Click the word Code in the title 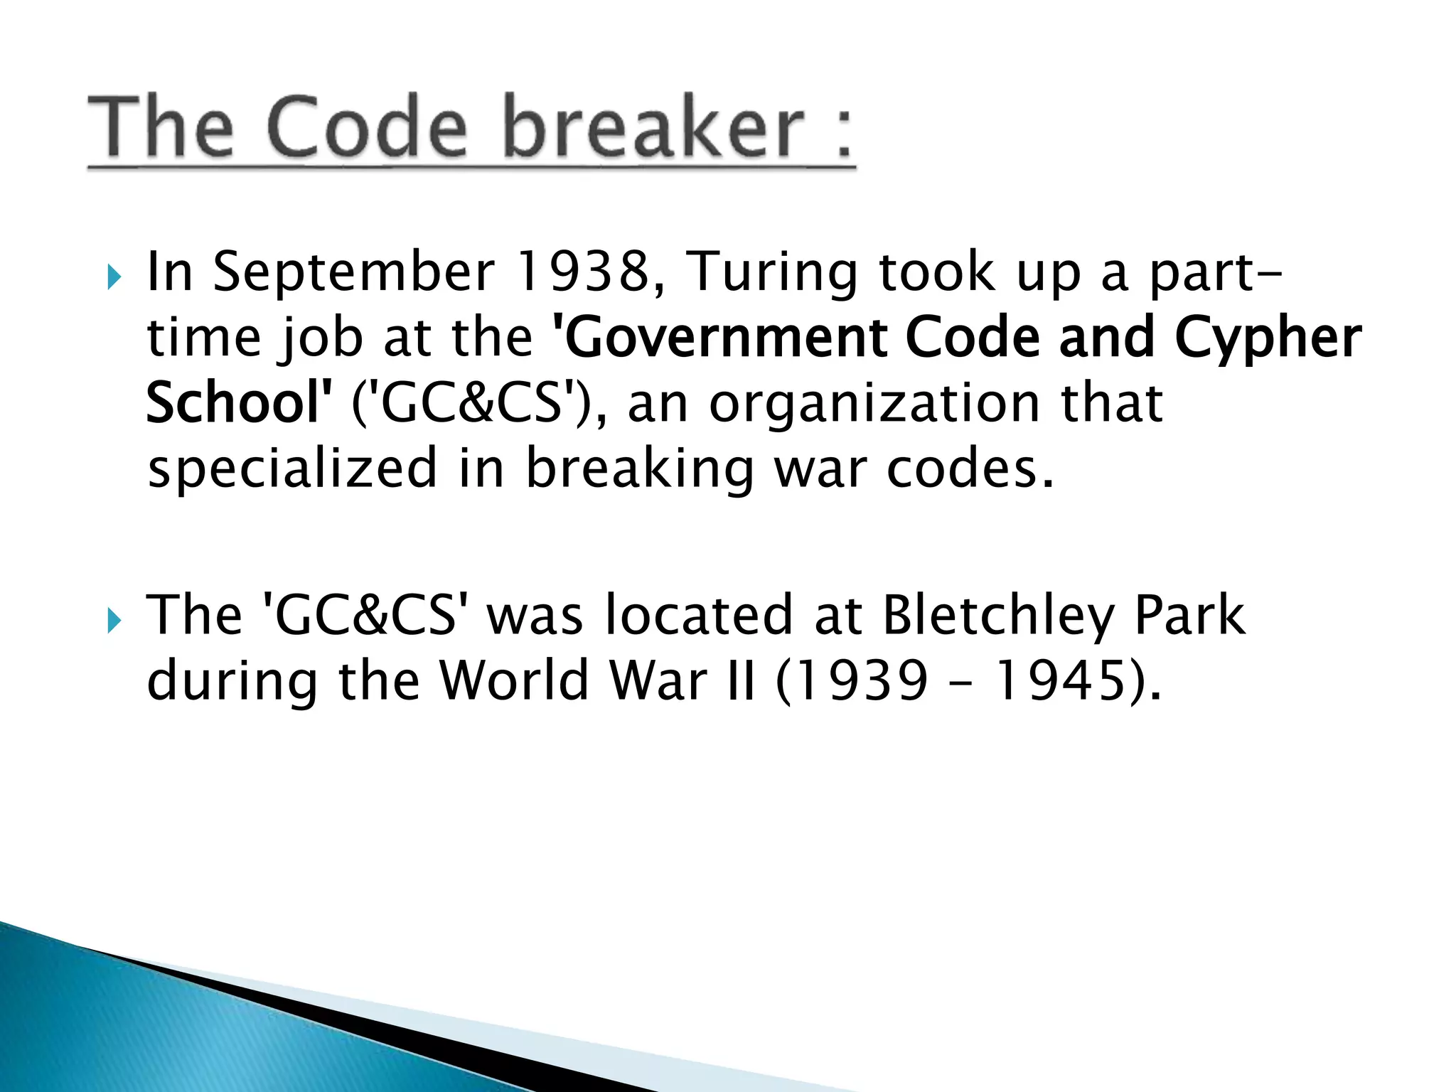[x=368, y=128]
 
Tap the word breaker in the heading [x=654, y=128]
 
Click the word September [x=353, y=273]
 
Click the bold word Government [x=720, y=338]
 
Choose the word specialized [x=292, y=469]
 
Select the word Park [x=1189, y=615]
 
